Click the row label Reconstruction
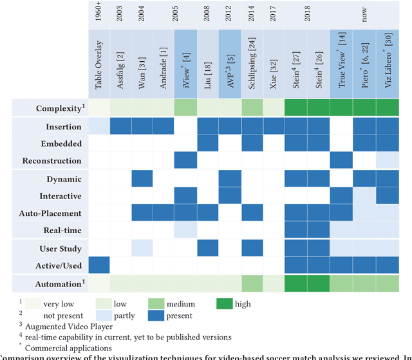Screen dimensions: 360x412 [51, 160]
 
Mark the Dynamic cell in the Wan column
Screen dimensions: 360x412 [142, 178]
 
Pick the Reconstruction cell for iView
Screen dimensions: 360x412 [185, 160]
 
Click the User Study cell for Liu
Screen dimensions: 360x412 [207, 248]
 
